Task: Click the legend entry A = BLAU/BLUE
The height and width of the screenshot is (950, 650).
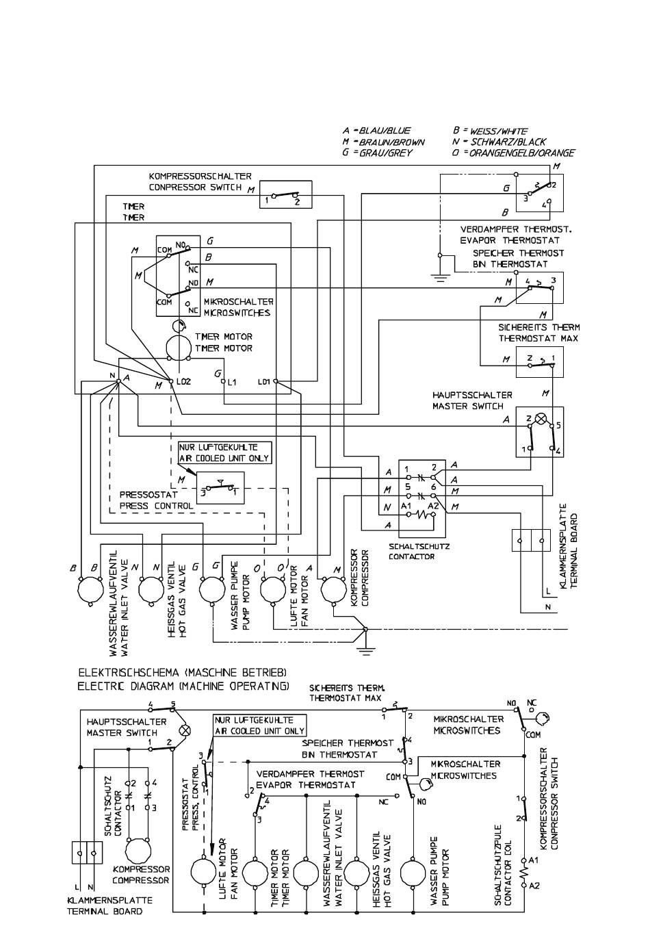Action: (x=376, y=130)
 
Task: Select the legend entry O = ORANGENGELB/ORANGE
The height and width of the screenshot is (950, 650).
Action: (x=513, y=153)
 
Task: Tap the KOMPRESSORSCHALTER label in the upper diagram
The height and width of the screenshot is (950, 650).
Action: (x=200, y=176)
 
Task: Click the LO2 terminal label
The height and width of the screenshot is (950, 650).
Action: (x=183, y=381)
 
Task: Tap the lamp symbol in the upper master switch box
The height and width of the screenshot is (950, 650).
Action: (x=540, y=419)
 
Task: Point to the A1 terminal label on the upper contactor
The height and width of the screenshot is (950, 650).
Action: (x=407, y=506)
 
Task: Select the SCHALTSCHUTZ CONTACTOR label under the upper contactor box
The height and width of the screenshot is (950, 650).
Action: (x=411, y=552)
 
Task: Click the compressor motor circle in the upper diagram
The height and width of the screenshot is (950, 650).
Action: (x=335, y=589)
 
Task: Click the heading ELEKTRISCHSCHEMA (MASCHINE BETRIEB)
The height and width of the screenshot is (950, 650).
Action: (x=182, y=671)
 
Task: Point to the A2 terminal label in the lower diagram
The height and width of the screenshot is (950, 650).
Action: (x=534, y=885)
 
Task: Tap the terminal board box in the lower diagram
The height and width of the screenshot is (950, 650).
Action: (x=86, y=853)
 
